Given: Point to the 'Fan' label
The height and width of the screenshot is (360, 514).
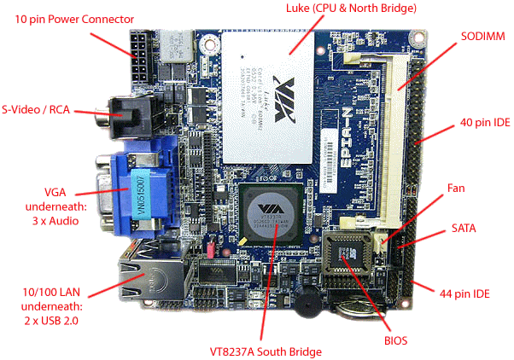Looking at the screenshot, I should (457, 188).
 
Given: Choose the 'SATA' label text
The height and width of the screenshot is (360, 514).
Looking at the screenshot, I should (464, 229).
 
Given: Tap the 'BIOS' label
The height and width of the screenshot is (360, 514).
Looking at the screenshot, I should (395, 340).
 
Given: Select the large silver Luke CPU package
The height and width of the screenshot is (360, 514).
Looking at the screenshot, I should (267, 95).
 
